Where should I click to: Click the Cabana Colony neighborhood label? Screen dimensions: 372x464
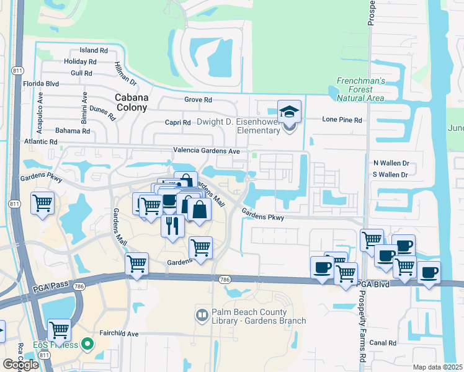tap(132, 102)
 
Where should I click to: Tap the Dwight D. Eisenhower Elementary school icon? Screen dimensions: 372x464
tap(289, 112)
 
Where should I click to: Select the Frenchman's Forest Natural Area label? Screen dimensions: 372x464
tap(360, 89)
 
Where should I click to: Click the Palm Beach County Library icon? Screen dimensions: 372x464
tap(202, 316)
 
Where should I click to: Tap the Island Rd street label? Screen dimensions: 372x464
tap(94, 50)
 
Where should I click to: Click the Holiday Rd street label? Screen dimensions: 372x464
tap(80, 61)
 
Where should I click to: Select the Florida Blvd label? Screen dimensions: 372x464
tap(40, 83)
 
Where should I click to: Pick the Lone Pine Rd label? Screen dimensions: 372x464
tap(342, 120)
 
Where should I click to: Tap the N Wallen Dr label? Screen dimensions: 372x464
tap(391, 163)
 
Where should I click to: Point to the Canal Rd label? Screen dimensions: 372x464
tap(382, 343)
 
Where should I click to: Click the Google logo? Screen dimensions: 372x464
tap(20, 365)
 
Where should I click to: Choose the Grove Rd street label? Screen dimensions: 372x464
tap(199, 100)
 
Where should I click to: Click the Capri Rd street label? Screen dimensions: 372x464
tap(177, 123)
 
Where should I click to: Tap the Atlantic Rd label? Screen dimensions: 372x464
tap(42, 142)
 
